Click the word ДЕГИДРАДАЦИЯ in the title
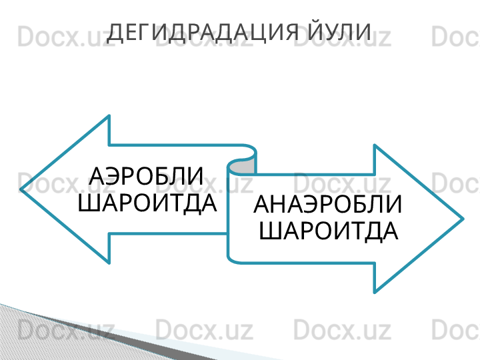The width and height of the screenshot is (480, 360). pos(202,33)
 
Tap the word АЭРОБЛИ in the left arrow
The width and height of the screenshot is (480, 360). pos(146,176)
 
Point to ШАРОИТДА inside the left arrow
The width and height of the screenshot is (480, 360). pos(147,203)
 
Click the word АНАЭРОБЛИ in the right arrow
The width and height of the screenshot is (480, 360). pos(327,204)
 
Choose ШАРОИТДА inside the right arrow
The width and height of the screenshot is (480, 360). pos(329,231)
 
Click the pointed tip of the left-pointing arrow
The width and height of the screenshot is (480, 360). pos(21,189)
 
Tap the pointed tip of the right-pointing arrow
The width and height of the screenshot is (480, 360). pos(463,219)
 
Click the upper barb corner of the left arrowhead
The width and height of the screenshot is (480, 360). pos(109,116)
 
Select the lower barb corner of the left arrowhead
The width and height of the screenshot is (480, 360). pos(109,263)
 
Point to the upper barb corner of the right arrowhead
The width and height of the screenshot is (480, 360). pos(375,145)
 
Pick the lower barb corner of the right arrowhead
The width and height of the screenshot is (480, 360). pos(375,293)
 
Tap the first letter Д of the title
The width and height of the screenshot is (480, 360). pos(115,33)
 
